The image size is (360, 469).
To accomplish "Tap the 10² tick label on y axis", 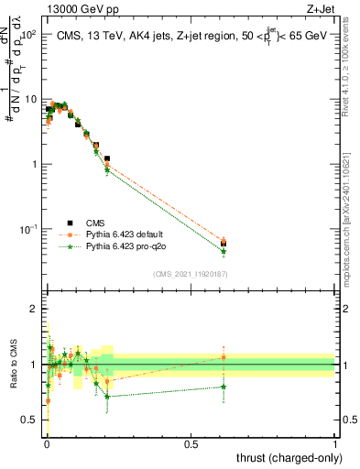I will [x=28, y=34].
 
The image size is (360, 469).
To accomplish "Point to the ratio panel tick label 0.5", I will [x=29, y=420].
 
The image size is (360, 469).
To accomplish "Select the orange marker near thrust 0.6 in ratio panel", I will [x=224, y=357].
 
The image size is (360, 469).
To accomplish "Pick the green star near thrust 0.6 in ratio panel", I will [x=224, y=387].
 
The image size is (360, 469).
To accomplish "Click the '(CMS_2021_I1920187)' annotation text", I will [x=191, y=274].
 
